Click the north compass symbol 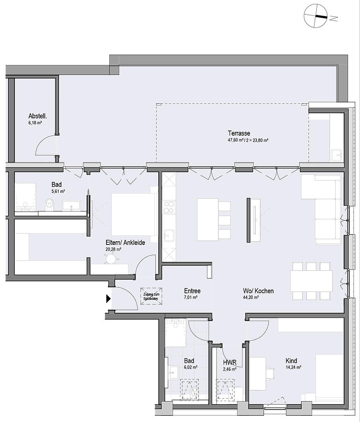(x=315, y=16)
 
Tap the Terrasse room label (x=239, y=133)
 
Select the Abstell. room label (x=37, y=116)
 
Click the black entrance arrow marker (x=108, y=298)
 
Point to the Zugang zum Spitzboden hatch (x=151, y=296)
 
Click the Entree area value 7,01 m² (x=191, y=298)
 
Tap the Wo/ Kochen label (x=258, y=291)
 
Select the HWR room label (x=230, y=363)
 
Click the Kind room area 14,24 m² (x=293, y=367)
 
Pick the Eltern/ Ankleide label (x=125, y=243)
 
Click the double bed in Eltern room (x=134, y=214)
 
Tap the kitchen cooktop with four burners (x=169, y=207)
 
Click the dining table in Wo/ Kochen (x=311, y=281)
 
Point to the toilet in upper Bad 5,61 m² (x=49, y=204)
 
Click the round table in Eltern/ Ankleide (x=110, y=259)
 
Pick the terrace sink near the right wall (x=336, y=155)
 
